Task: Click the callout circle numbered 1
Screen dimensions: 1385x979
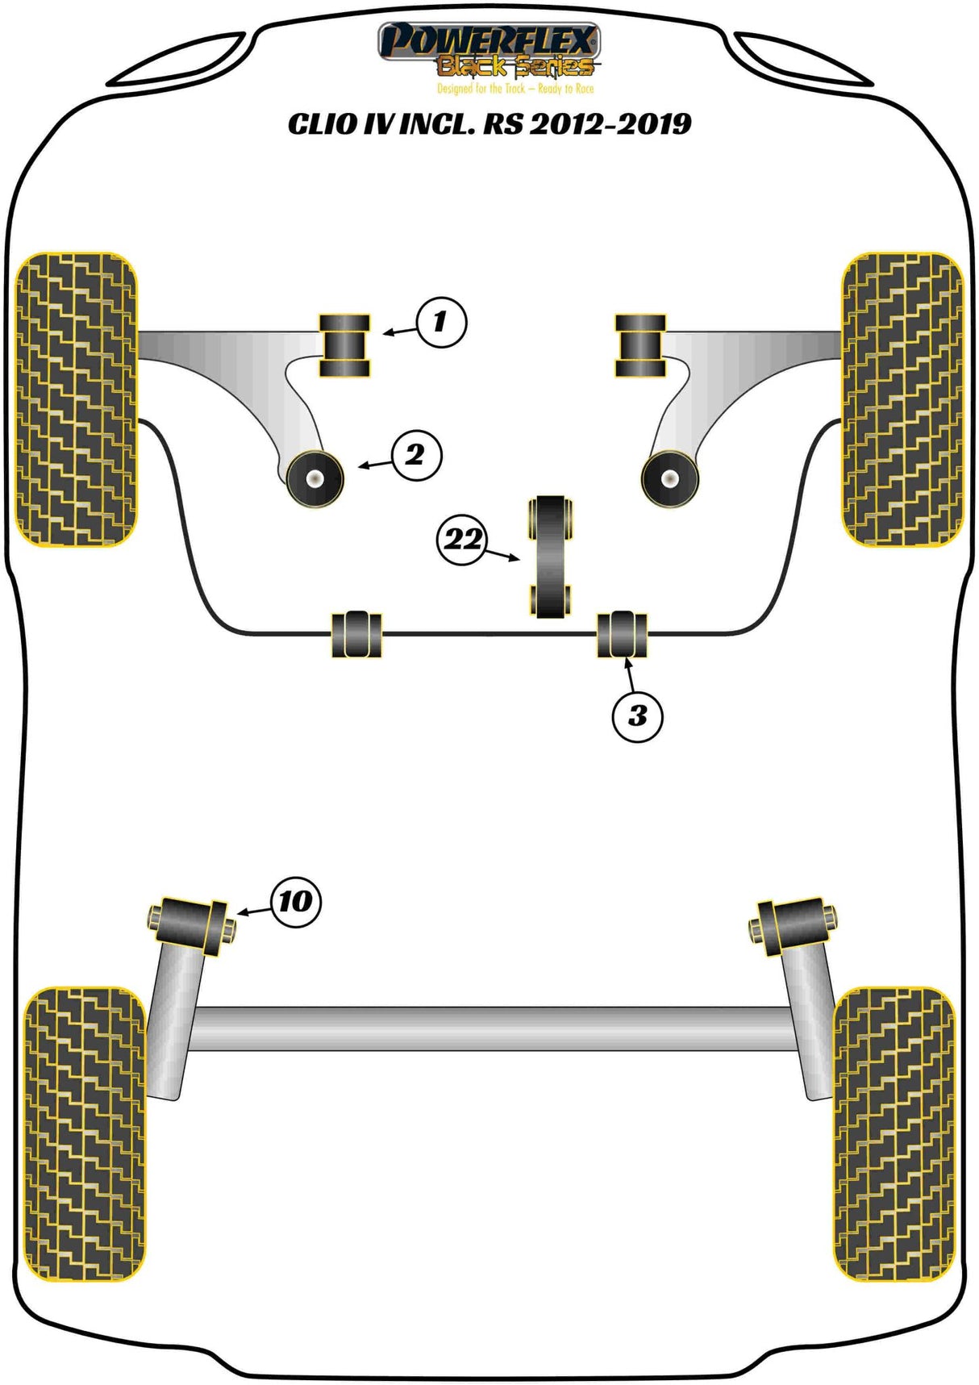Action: tap(441, 323)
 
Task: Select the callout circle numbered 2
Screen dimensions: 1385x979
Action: tap(416, 456)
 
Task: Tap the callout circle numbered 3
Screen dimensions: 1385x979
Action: tap(637, 715)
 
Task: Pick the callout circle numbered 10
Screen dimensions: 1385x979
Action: tap(295, 901)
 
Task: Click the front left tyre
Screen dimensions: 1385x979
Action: tap(77, 399)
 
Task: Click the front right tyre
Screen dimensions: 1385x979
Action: tap(902, 399)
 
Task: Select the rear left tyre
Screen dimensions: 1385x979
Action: tap(85, 1133)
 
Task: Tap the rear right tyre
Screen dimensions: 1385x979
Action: tap(894, 1133)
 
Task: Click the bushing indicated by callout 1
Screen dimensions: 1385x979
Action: tap(345, 346)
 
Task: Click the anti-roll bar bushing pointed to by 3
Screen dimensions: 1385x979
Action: tap(622, 634)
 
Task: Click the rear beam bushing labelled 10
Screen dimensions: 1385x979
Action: tap(192, 924)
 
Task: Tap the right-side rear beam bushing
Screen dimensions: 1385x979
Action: tap(794, 924)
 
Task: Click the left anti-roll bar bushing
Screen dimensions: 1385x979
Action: tap(356, 634)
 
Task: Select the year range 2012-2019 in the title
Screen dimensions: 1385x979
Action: tap(610, 124)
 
